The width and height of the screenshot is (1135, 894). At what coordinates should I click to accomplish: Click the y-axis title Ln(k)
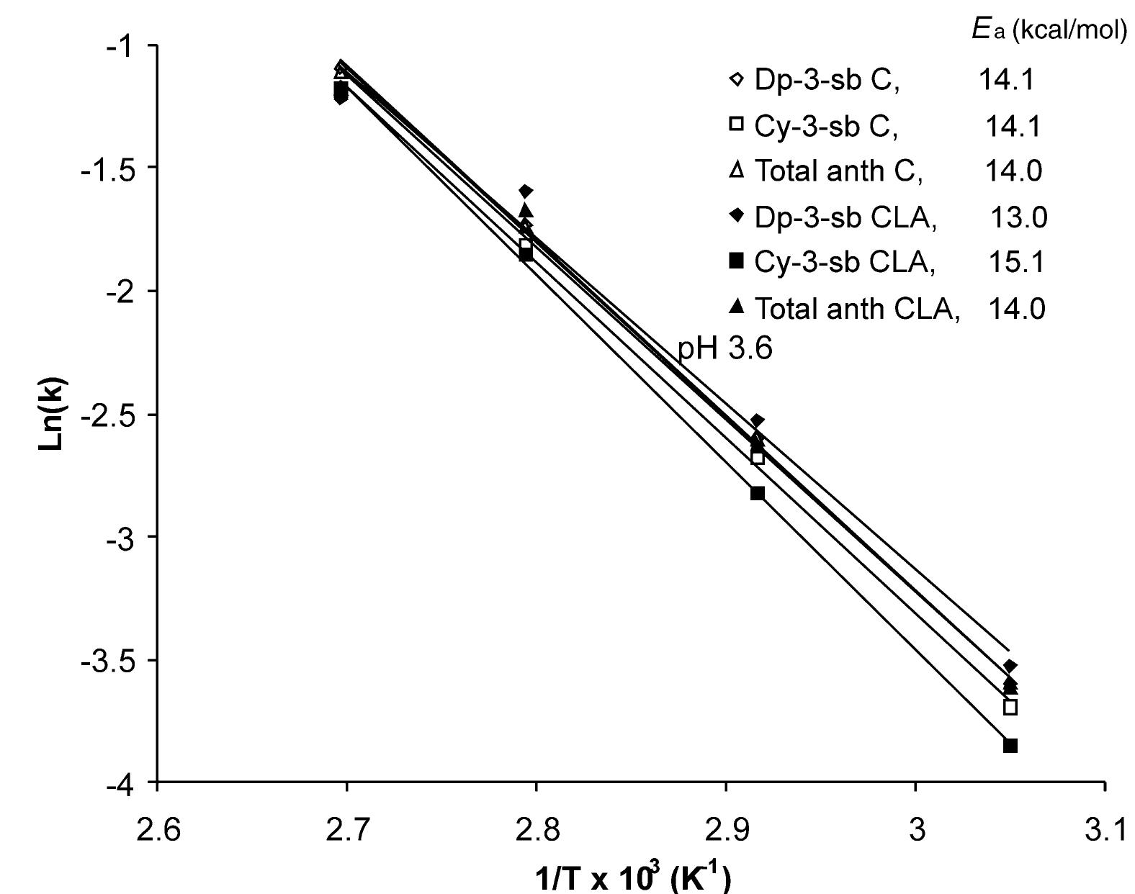(x=53, y=414)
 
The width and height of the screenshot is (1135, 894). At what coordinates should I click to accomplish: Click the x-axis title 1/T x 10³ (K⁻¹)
(x=633, y=877)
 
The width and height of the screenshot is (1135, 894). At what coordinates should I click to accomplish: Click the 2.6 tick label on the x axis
(x=157, y=831)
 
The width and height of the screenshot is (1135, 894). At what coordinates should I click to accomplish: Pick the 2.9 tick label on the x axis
(x=725, y=831)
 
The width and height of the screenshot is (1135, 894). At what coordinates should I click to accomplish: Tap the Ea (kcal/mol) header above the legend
(x=1048, y=32)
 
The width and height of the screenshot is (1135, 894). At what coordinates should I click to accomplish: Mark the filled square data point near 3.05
(x=1010, y=746)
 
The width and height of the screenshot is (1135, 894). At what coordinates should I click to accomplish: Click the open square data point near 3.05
(x=1010, y=707)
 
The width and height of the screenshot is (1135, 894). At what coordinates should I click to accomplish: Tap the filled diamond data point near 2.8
(x=526, y=191)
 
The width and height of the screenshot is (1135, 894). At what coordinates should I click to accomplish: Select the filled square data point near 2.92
(x=758, y=493)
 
